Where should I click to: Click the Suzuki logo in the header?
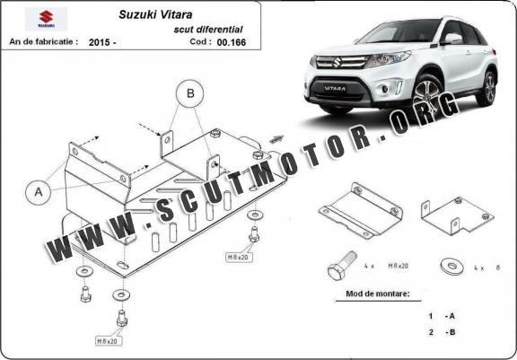[46, 19]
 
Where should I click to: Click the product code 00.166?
[232, 42]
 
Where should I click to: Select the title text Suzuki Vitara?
[155, 14]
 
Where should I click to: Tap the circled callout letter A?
[39, 192]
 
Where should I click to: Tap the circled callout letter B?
[190, 93]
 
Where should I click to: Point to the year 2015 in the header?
[99, 42]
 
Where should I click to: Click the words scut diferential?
[208, 30]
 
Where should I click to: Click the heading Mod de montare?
[378, 293]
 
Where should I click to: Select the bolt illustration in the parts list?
[342, 265]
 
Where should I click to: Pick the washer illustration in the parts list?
[451, 267]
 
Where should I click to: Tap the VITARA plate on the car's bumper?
[334, 88]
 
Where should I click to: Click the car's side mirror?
[451, 39]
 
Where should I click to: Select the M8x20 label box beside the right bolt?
[240, 257]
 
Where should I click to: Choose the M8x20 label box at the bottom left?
[109, 341]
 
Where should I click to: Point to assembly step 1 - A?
[442, 316]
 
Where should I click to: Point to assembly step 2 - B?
[442, 332]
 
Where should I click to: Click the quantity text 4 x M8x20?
[386, 266]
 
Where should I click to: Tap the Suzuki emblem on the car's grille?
[337, 62]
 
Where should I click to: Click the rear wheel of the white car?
[486, 88]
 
